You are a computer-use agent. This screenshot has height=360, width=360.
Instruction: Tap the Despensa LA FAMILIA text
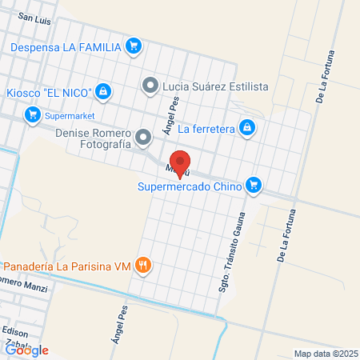pyautogui.click(x=66, y=46)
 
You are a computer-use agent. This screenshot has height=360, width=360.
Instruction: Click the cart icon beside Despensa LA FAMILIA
pyautogui.click(x=134, y=46)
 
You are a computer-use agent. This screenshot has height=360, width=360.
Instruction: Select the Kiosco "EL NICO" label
pyautogui.click(x=48, y=92)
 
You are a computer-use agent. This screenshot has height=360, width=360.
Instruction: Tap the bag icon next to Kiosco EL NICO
pyautogui.click(x=103, y=92)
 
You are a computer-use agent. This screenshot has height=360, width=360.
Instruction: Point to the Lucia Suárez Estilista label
pyautogui.click(x=214, y=86)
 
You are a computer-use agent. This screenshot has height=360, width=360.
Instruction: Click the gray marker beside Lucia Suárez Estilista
pyautogui.click(x=150, y=85)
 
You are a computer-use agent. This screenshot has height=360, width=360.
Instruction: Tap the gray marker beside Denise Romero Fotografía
pyautogui.click(x=143, y=138)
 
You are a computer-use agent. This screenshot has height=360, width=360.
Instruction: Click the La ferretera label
pyautogui.click(x=206, y=128)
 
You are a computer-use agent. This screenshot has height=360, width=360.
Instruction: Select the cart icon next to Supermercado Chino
pyautogui.click(x=254, y=186)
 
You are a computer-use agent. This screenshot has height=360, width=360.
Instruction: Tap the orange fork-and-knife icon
pyautogui.click(x=143, y=266)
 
